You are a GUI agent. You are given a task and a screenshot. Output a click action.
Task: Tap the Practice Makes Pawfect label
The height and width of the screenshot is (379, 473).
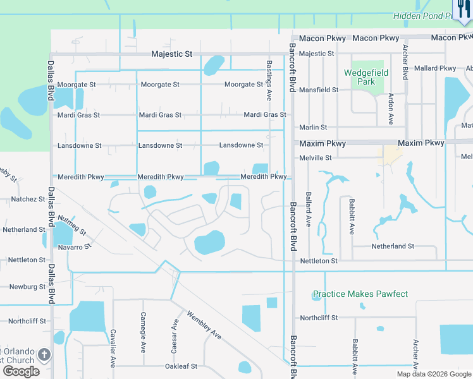(360, 294)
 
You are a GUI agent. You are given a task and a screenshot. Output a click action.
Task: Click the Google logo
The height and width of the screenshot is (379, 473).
(21, 371)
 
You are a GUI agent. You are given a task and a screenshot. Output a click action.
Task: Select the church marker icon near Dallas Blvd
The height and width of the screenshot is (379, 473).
(44, 354)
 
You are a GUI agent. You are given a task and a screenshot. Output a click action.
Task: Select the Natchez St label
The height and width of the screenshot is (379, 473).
(28, 199)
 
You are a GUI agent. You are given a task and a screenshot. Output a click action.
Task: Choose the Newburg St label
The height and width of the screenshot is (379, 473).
(27, 287)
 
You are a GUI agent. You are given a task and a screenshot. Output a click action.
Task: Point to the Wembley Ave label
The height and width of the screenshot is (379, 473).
(204, 324)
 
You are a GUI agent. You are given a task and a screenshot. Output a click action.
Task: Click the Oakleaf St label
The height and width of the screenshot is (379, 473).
(181, 366)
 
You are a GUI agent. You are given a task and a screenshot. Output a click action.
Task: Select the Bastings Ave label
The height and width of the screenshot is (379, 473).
(269, 81)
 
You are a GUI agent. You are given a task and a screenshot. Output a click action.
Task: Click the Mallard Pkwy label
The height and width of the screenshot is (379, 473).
(436, 68)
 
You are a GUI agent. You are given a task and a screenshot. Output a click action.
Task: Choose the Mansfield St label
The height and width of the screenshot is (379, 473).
(319, 90)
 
